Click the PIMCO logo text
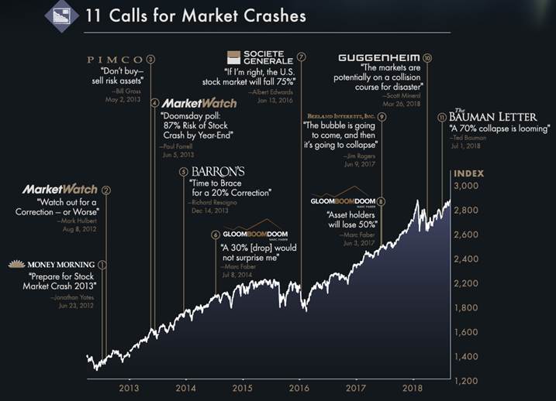[x=116, y=59]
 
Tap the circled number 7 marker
[x=301, y=57]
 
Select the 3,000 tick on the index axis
[x=468, y=187]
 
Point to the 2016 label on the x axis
[x=299, y=387]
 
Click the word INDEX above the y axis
[x=469, y=172]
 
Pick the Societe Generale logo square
[x=234, y=57]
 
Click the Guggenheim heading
[x=379, y=58]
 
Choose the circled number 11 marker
[x=442, y=117]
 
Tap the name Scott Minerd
[x=404, y=94]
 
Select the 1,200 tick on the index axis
[x=468, y=381]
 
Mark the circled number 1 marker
[x=102, y=265]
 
